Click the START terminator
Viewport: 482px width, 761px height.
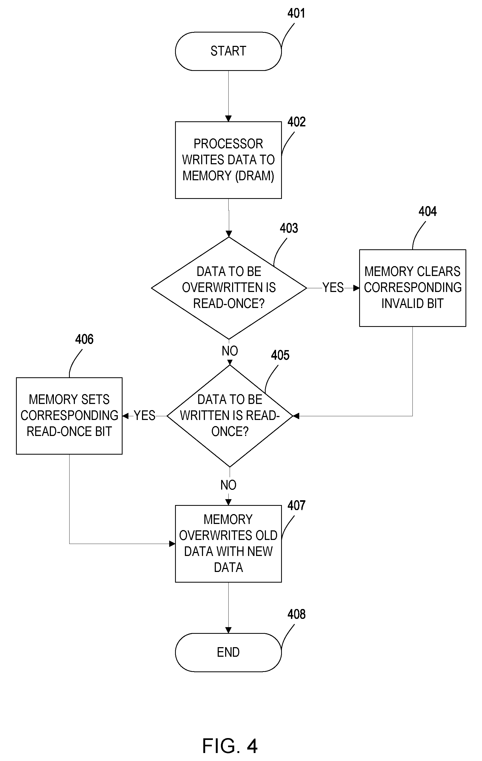point(228,51)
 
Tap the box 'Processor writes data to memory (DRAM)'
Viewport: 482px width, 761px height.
point(228,160)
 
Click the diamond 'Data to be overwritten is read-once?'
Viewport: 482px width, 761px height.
point(229,288)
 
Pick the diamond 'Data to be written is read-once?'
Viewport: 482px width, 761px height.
point(230,416)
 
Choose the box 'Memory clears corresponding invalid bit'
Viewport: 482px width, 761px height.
point(412,288)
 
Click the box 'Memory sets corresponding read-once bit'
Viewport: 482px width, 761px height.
point(69,416)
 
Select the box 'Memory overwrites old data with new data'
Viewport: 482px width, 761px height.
point(228,544)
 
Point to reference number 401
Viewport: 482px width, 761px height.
point(296,14)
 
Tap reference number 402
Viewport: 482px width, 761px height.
point(296,122)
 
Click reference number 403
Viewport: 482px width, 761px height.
point(289,228)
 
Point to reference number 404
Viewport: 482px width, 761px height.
point(428,211)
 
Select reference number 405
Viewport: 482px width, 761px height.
point(280,355)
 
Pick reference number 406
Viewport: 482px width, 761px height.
point(84,339)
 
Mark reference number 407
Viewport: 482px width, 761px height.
point(296,506)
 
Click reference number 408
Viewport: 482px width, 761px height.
point(296,614)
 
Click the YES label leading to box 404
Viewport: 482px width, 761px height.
point(333,288)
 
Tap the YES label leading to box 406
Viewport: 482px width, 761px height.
point(145,416)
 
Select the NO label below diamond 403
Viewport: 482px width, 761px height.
point(230,351)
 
